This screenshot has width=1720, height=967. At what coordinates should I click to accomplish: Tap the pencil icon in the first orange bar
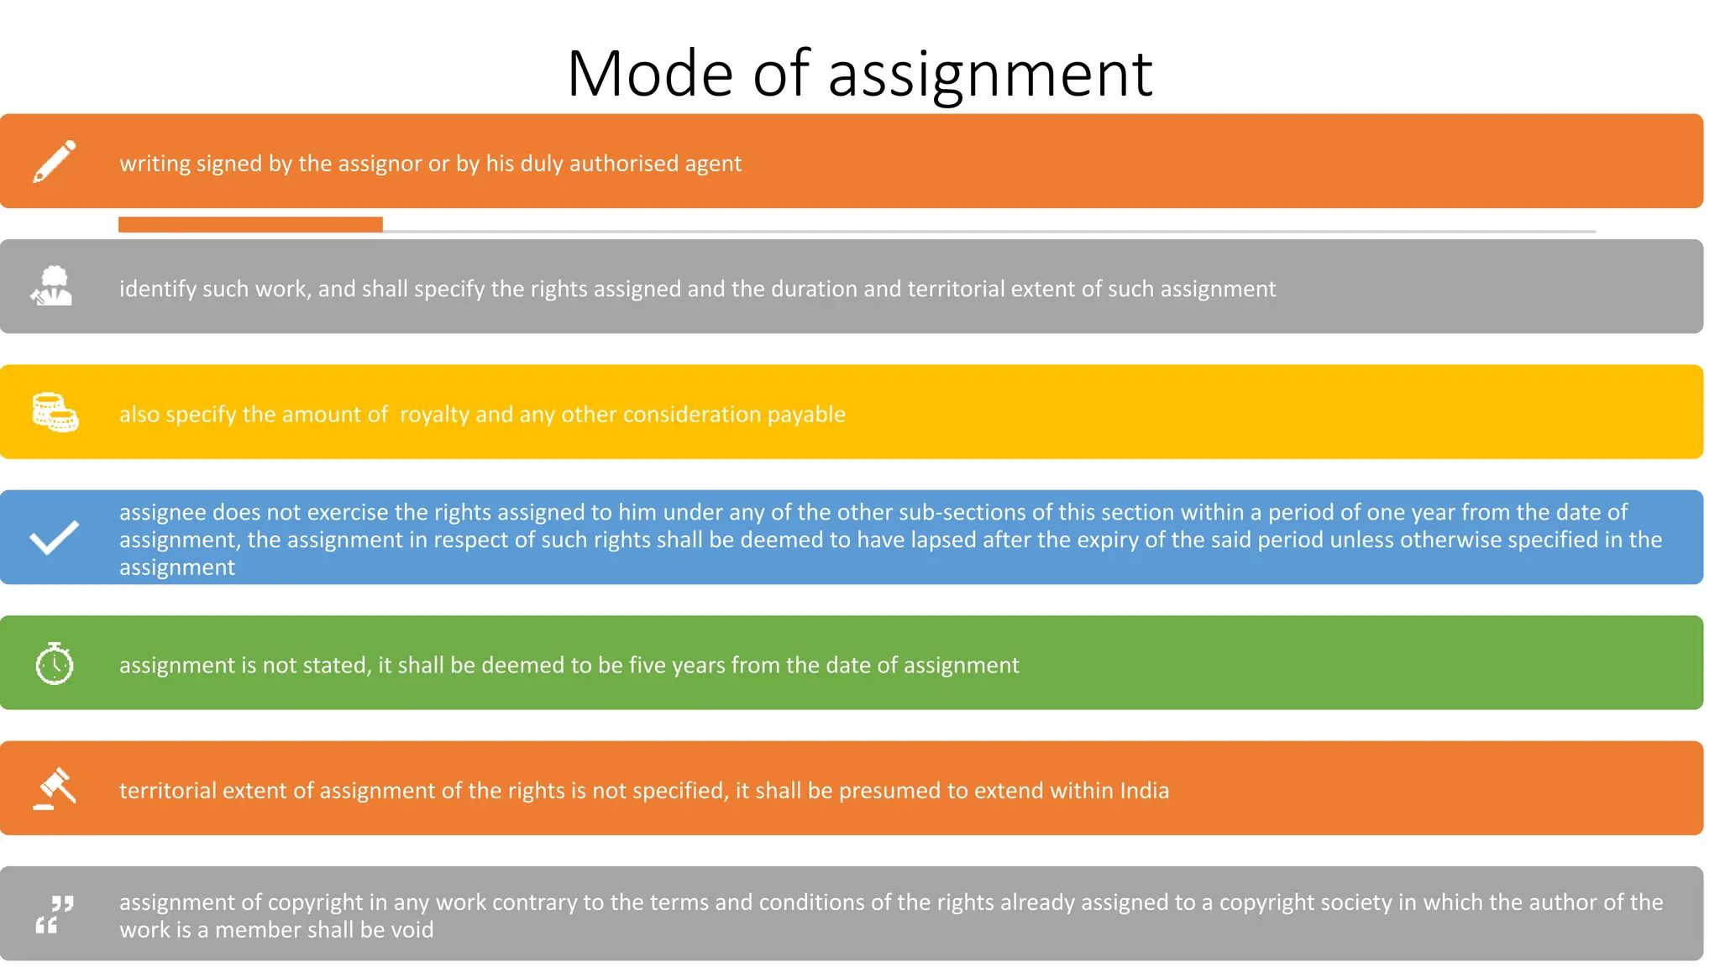click(55, 161)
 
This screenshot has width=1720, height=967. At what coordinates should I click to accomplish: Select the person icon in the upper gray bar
click(52, 286)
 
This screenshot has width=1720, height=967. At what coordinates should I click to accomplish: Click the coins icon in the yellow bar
click(55, 412)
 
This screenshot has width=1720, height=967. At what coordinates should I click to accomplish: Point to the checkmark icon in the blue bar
click(55, 537)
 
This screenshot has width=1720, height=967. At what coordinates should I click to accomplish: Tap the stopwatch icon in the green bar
click(55, 663)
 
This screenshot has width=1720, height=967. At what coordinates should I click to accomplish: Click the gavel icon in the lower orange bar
click(55, 788)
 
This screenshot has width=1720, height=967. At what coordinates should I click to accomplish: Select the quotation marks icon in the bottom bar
click(55, 913)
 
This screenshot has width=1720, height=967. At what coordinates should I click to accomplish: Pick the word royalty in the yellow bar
click(434, 415)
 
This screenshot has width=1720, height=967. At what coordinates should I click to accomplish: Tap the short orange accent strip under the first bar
click(250, 224)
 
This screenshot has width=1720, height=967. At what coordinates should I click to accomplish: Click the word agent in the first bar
click(713, 164)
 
